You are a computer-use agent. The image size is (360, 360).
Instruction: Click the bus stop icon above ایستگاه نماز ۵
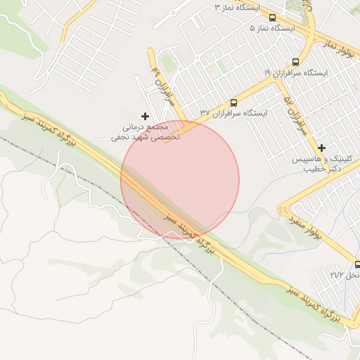[x=272, y=18]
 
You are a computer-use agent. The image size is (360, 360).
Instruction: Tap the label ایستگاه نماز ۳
[x=237, y=7]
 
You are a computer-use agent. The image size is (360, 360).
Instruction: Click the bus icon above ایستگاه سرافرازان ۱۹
[x=296, y=61]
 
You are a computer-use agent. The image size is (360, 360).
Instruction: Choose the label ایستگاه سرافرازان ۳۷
[x=234, y=112]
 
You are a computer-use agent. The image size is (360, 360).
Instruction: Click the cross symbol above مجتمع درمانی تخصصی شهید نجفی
[x=146, y=116]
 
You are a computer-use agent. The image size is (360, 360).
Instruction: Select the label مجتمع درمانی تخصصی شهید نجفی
[x=146, y=132]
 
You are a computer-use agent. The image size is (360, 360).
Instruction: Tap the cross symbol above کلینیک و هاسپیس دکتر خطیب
[x=321, y=148]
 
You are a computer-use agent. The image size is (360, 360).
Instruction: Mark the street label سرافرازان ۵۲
[x=295, y=115]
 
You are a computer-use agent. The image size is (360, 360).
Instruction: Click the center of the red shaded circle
[x=180, y=179]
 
